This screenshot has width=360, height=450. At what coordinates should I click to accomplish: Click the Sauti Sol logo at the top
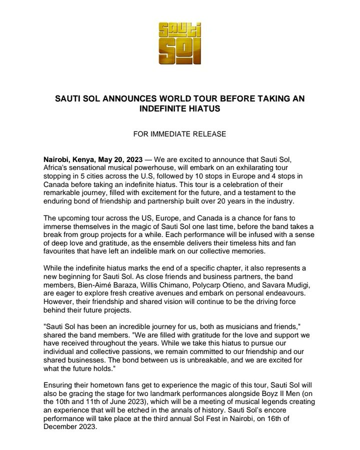[x=180, y=42]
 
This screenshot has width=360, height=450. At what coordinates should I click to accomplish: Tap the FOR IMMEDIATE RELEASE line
[x=179, y=134]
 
